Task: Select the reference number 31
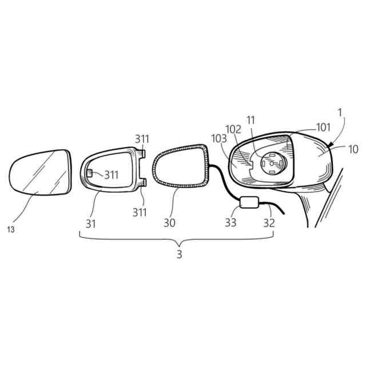[91, 223]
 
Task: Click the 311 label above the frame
[142, 139]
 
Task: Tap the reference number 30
[169, 223]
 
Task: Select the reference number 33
[230, 223]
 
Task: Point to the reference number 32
[269, 223]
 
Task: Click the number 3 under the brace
[179, 254]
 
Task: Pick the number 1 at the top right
[340, 114]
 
